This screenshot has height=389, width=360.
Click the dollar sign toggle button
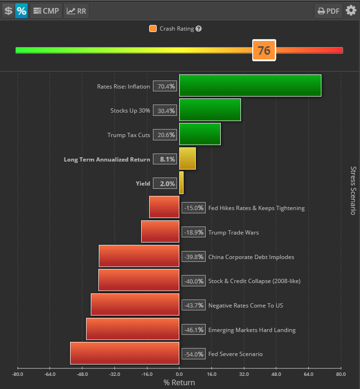(8, 11)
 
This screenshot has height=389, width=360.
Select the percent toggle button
(22, 11)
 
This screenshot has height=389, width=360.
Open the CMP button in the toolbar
(46, 11)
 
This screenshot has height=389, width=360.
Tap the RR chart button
(76, 11)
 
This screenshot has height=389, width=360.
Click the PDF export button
(328, 11)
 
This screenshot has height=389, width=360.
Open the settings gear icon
(351, 10)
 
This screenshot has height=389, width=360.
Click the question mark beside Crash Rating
(199, 29)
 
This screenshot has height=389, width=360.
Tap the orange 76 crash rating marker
(264, 50)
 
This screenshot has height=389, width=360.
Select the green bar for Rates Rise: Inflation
(250, 86)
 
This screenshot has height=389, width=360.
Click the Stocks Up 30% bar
(210, 110)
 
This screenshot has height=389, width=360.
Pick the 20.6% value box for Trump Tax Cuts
(165, 135)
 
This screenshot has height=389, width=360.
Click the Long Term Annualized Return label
(107, 159)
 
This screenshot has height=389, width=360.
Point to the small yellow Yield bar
(181, 183)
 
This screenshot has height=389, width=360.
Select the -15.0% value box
(193, 208)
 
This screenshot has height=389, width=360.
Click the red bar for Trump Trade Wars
(160, 232)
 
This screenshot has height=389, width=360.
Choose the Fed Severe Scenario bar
(125, 353)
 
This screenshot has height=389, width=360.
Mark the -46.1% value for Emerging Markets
(193, 330)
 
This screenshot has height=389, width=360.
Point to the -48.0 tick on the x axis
(82, 374)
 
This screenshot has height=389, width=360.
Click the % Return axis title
(179, 382)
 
